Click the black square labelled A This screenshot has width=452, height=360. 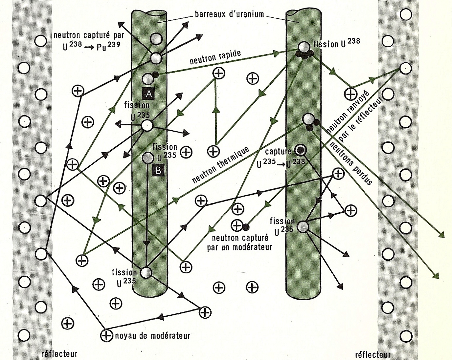pyautogui.click(x=149, y=94)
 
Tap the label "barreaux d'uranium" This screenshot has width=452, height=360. pyautogui.click(x=229, y=14)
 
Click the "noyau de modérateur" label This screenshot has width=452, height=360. pyautogui.click(x=152, y=336)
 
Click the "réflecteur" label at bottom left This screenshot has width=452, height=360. pyautogui.click(x=59, y=353)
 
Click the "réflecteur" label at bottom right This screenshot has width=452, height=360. pyautogui.click(x=373, y=354)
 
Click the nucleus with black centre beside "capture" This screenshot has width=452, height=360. pyautogui.click(x=300, y=150)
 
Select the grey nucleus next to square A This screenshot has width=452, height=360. pyautogui.click(x=147, y=79)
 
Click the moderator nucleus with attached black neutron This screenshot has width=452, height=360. pyautogui.click(x=237, y=225)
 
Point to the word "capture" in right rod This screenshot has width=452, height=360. pyautogui.click(x=278, y=151)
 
